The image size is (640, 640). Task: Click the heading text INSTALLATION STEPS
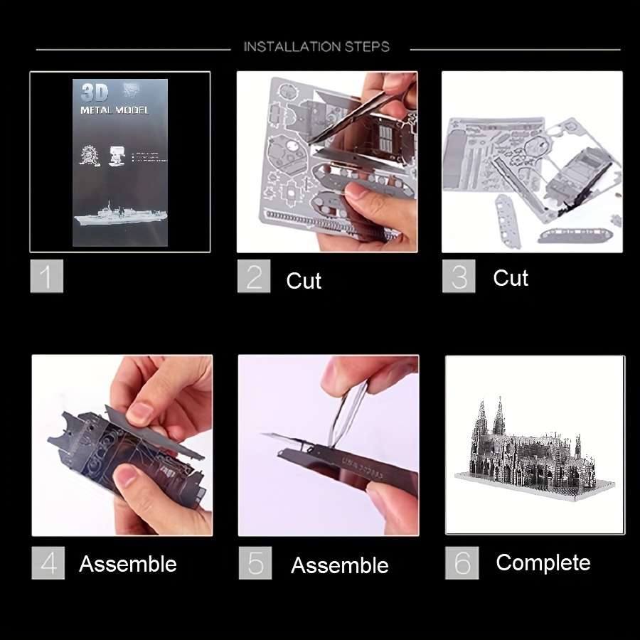tap(316, 47)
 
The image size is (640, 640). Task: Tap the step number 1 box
tap(47, 276)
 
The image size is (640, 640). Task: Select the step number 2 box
tap(254, 276)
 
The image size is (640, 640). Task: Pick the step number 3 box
tap(459, 276)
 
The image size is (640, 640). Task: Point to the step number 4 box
tap(48, 563)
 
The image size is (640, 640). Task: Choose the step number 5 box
tap(255, 563)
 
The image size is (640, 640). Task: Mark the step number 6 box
tap(462, 562)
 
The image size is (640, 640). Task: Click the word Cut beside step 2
tap(304, 281)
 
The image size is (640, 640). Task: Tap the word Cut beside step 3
tap(511, 278)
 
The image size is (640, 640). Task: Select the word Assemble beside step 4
tap(128, 565)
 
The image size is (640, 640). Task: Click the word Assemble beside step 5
tap(340, 566)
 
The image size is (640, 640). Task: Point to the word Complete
tap(543, 563)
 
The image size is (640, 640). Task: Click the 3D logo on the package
tap(94, 93)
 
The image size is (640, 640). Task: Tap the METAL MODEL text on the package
tap(114, 110)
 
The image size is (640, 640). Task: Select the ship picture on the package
tap(117, 214)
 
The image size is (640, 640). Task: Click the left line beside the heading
tap(133, 49)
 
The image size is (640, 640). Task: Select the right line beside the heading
tap(515, 49)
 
